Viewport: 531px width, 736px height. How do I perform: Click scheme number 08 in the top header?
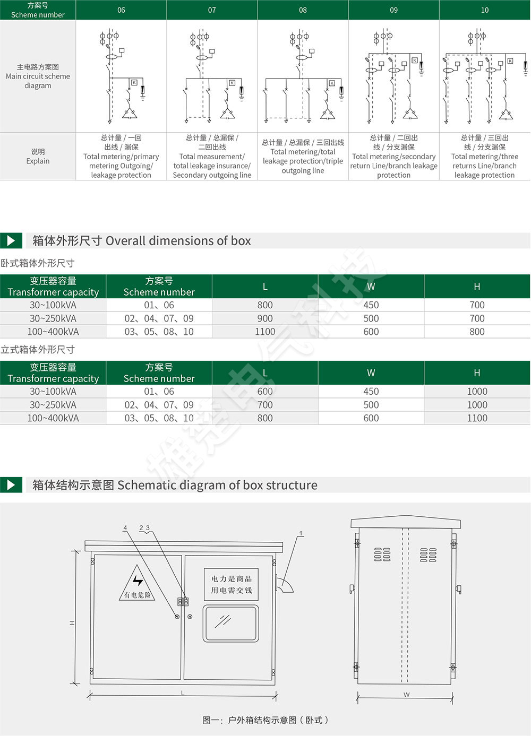tap(303, 10)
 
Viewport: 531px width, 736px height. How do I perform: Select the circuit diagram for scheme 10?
tap(484, 76)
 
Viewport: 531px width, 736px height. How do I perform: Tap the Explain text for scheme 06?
tap(121, 157)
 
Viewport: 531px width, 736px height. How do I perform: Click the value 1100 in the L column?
tap(265, 332)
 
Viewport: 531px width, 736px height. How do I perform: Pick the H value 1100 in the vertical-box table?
tap(477, 418)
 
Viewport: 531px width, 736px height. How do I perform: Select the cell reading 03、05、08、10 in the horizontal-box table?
tap(159, 332)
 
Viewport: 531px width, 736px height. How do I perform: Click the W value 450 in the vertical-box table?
tap(371, 392)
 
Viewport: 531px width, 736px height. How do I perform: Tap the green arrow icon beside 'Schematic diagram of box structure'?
tap(11, 485)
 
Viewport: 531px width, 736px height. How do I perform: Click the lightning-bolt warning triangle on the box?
tap(138, 584)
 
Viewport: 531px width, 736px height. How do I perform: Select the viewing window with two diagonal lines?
tap(230, 624)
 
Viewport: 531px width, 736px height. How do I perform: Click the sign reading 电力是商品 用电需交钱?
tap(232, 584)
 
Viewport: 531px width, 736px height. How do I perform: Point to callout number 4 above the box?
tap(125, 528)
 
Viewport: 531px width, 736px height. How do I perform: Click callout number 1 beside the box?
tap(301, 533)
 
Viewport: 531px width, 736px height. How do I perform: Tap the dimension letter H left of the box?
tap(72, 623)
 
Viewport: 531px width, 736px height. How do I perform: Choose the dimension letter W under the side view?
tap(406, 695)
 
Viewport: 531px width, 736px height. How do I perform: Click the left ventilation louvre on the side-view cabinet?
tap(382, 555)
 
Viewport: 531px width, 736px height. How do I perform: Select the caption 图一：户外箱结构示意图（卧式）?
tap(265, 720)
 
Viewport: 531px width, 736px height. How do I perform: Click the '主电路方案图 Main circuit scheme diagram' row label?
tap(38, 76)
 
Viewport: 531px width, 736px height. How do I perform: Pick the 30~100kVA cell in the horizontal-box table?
tap(53, 305)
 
